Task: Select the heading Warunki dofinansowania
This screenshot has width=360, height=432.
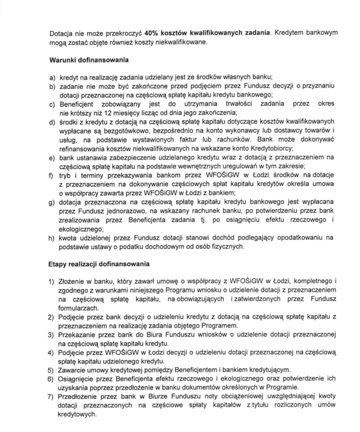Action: pyautogui.click(x=90, y=59)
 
